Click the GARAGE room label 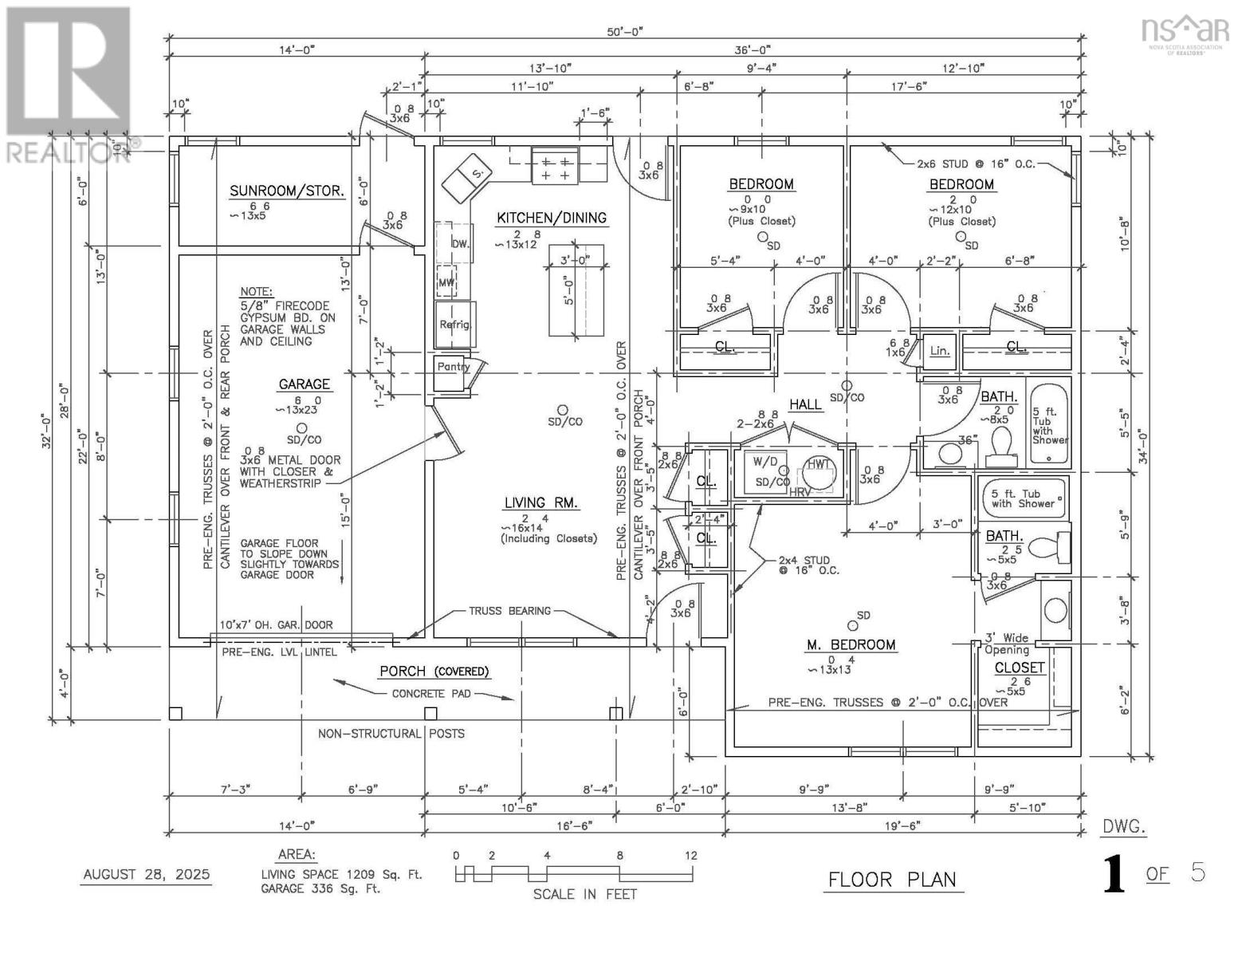(x=304, y=384)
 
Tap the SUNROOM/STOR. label (x=287, y=191)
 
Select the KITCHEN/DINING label (x=552, y=218)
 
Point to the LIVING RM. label (x=541, y=503)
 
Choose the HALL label (x=805, y=404)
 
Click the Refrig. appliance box (x=456, y=324)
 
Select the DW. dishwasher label (x=460, y=244)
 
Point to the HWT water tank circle (x=819, y=465)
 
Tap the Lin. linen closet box (x=940, y=350)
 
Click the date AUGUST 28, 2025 (x=147, y=874)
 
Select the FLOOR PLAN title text (x=892, y=880)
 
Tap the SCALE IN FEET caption (x=585, y=894)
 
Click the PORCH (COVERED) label (x=434, y=671)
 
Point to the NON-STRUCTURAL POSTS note (x=391, y=733)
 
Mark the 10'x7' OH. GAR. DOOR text (x=277, y=625)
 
